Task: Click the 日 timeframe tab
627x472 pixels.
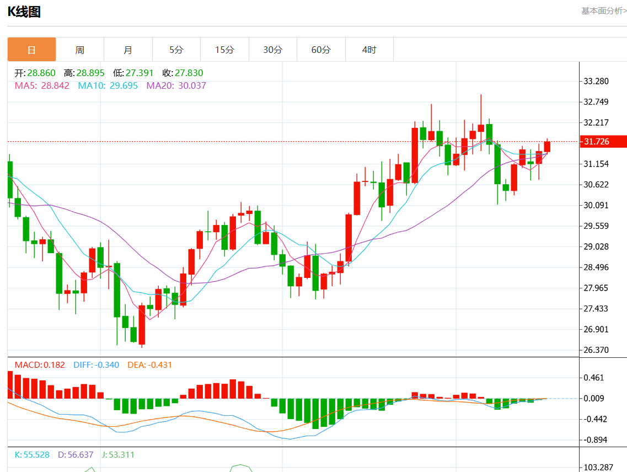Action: (x=31, y=50)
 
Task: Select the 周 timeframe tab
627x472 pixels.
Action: (x=80, y=50)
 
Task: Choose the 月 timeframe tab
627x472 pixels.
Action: (x=128, y=50)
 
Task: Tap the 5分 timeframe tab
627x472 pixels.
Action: (x=176, y=50)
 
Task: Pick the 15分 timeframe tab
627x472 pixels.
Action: (x=224, y=50)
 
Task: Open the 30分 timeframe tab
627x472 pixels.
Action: (x=272, y=50)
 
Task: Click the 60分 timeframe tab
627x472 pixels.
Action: (x=321, y=50)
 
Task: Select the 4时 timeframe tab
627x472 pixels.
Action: (x=369, y=50)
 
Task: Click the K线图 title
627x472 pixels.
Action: (x=24, y=12)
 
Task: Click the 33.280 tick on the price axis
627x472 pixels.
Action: (x=596, y=82)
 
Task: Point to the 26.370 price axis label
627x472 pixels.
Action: (x=596, y=350)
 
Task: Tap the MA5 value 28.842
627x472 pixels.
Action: (x=55, y=85)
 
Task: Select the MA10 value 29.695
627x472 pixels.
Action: (x=123, y=85)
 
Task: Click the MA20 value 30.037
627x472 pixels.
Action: (x=192, y=85)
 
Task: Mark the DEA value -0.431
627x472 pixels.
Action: (x=160, y=365)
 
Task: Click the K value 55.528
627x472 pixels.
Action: (x=36, y=455)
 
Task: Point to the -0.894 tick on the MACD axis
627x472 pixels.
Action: (x=596, y=439)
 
